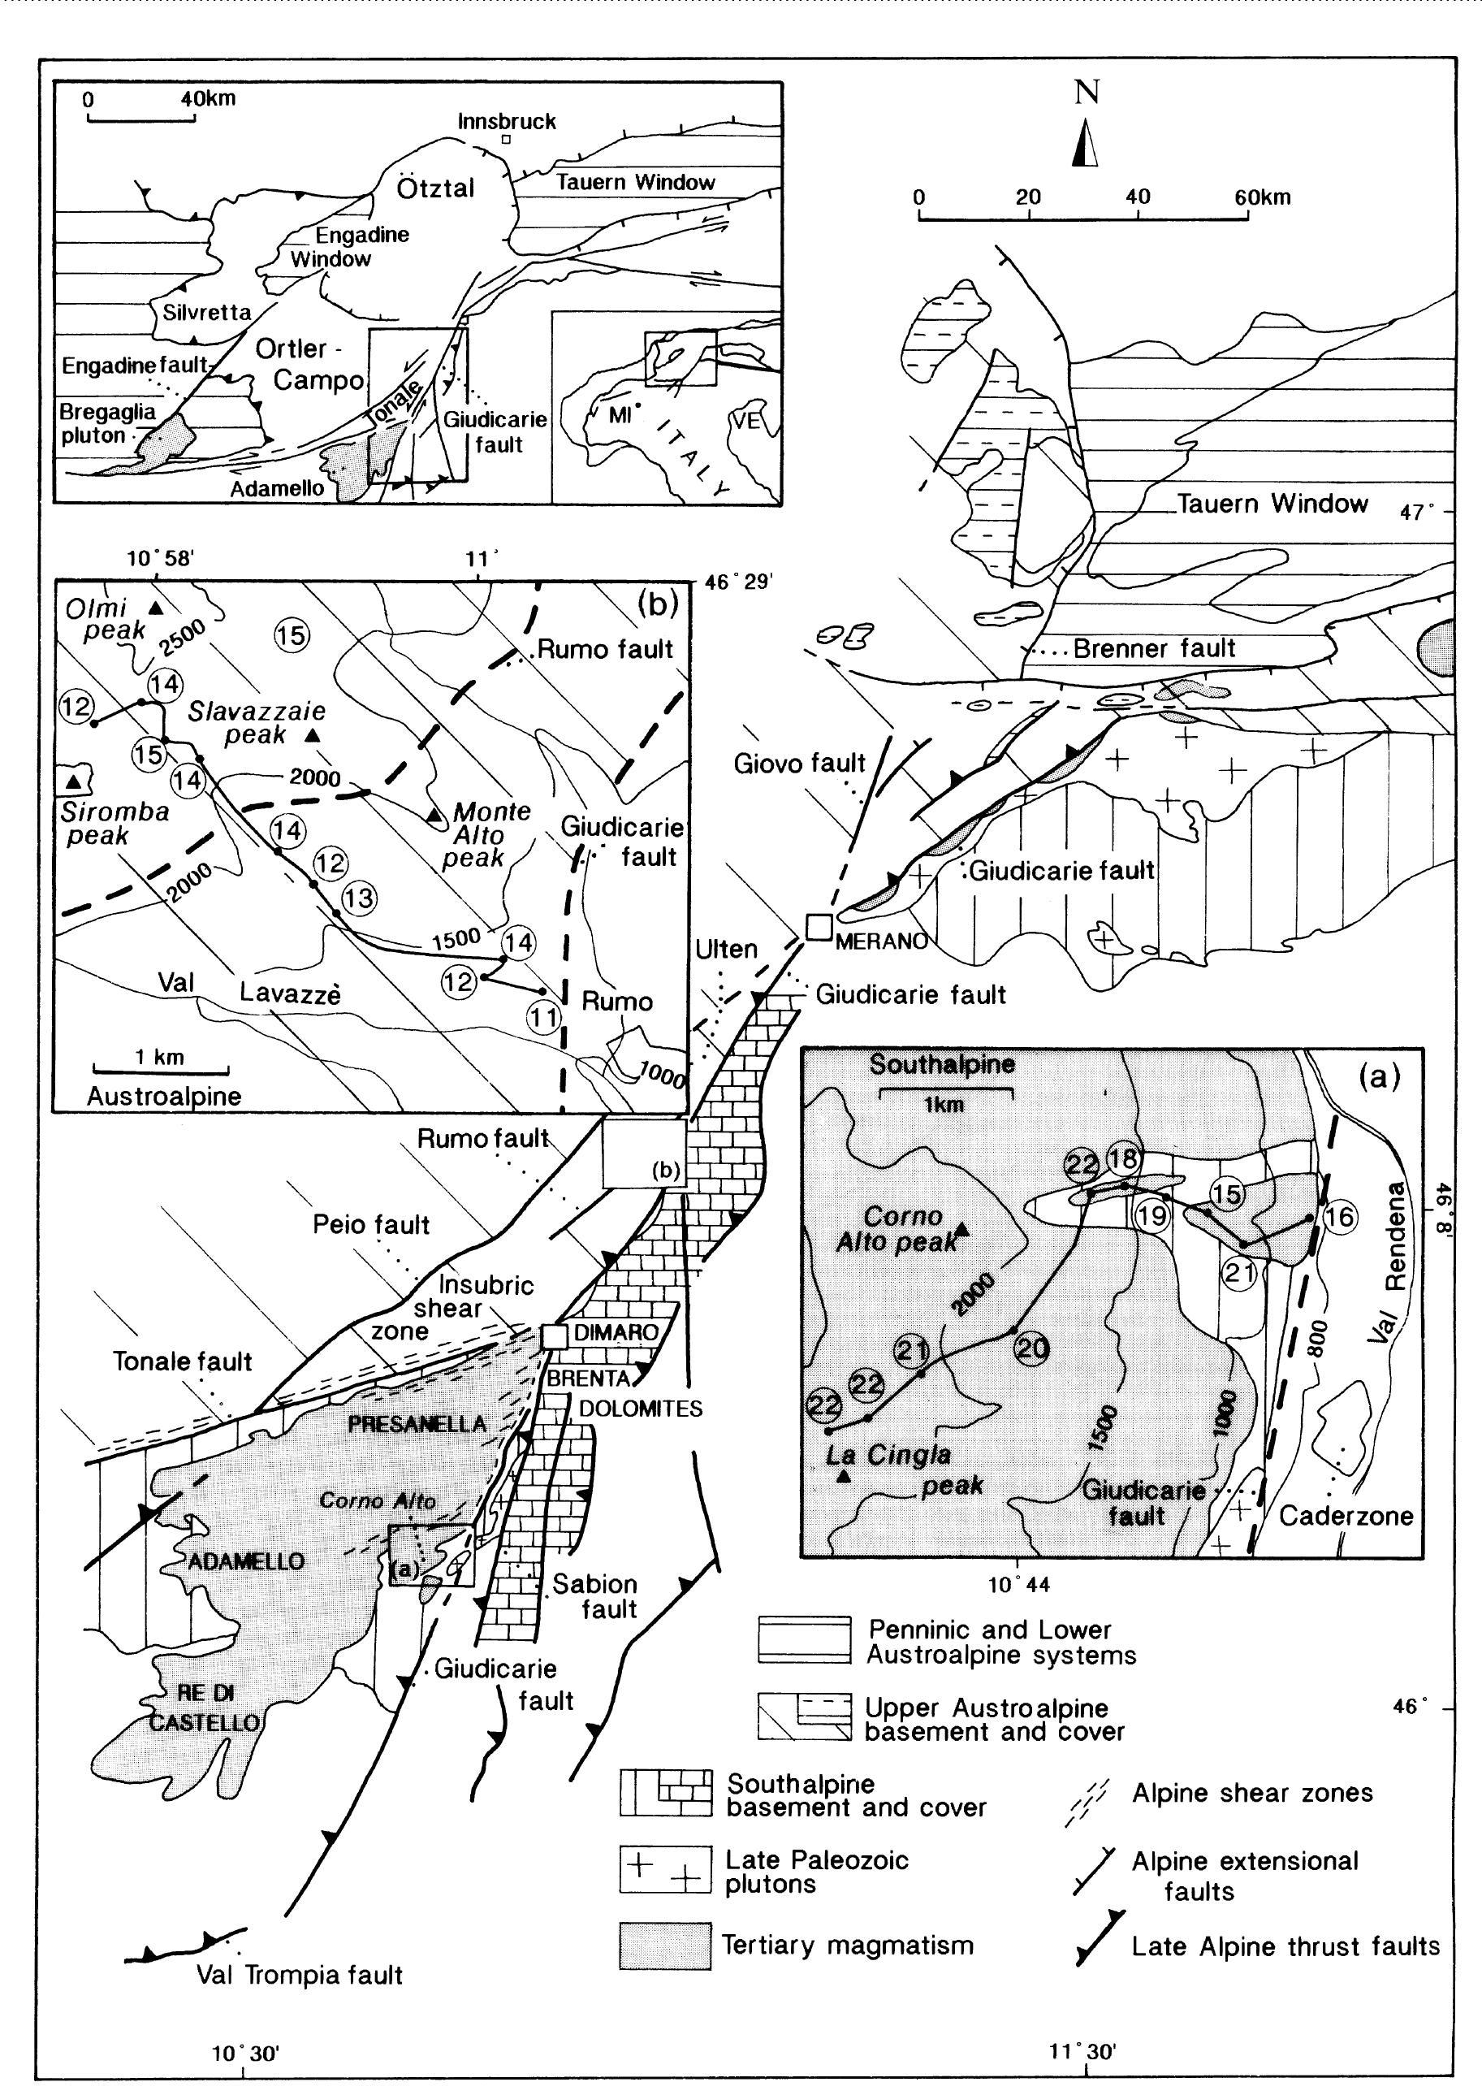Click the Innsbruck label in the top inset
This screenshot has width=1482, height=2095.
point(507,121)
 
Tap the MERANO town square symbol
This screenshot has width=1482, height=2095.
point(819,927)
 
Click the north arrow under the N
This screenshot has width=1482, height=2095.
point(1085,146)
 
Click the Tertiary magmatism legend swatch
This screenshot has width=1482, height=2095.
point(665,1946)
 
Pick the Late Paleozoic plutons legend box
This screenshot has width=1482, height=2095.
point(665,1868)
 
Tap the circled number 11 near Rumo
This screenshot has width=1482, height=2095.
point(544,1016)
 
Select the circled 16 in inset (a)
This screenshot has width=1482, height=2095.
point(1340,1216)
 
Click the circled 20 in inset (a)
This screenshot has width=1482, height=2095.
point(1032,1348)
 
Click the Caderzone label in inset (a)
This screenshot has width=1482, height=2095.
point(1345,1517)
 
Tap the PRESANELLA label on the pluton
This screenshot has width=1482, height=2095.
point(417,1424)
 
